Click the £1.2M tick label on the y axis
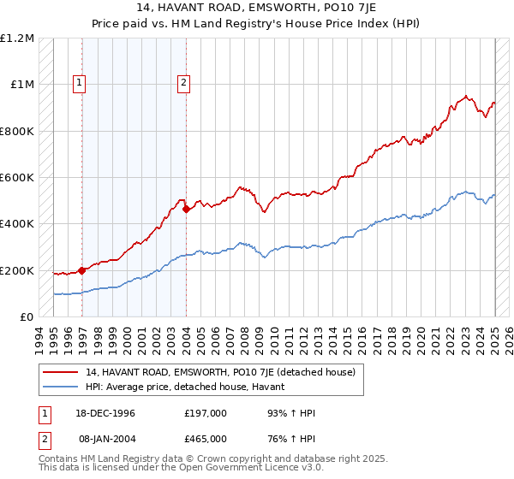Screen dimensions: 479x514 pyautogui.click(x=17, y=38)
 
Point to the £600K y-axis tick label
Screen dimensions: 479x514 pyautogui.click(x=17, y=178)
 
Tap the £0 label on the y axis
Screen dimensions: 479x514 pyautogui.click(x=28, y=317)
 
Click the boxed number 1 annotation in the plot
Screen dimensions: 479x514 pyautogui.click(x=79, y=83)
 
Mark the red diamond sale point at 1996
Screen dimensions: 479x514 pyautogui.click(x=82, y=271)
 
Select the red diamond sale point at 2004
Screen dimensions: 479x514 pyautogui.click(x=187, y=209)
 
